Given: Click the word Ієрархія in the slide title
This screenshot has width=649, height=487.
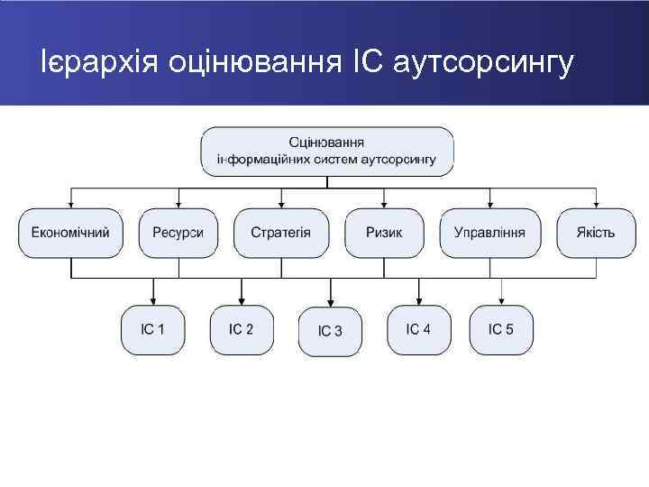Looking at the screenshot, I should pyautogui.click(x=94, y=63).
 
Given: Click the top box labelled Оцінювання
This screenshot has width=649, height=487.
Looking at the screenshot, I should pyautogui.click(x=327, y=151).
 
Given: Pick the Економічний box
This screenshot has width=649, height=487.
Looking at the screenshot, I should pyautogui.click(x=70, y=233).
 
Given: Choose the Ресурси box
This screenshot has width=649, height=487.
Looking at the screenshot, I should pyautogui.click(x=178, y=233).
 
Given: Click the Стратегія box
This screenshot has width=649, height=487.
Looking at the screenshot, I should pyautogui.click(x=281, y=233).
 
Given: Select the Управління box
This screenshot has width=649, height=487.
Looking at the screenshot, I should pyautogui.click(x=489, y=233).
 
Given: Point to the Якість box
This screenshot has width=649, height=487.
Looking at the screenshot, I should pyautogui.click(x=596, y=233).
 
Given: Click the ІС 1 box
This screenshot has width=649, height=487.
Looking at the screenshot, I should pyautogui.click(x=152, y=329).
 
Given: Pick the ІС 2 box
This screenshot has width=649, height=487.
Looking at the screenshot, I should pyautogui.click(x=241, y=329).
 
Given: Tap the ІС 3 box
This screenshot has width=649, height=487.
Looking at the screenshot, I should pyautogui.click(x=330, y=331).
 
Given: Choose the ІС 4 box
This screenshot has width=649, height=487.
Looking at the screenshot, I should pyautogui.click(x=418, y=329).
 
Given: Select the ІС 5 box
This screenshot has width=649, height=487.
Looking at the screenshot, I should pyautogui.click(x=501, y=329).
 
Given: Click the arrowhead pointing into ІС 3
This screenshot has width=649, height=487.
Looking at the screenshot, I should pyautogui.click(x=330, y=302).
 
